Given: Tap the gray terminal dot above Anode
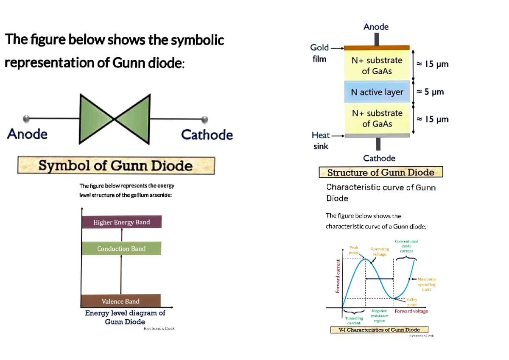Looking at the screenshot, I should coord(26,118).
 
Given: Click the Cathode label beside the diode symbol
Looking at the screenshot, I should coord(207,135).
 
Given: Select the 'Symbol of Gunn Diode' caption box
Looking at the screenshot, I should coord(116,165).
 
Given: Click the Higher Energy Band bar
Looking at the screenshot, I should coord(122,222).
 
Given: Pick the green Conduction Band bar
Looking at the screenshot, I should coord(121,248).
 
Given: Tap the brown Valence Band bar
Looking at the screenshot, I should coord(120,301).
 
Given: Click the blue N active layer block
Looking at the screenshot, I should coord(377,92).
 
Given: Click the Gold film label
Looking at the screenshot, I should coord(319,53).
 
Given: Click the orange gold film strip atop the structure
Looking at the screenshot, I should coord(377,47).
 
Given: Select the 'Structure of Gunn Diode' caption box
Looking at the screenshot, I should coord(380,172).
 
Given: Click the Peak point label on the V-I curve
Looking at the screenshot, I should coord(354,250).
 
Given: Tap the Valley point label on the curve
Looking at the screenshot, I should coord(412,302).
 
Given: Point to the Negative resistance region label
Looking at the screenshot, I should coord(379,316).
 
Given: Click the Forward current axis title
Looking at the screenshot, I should coord(338,276).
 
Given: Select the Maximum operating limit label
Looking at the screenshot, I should coord(426,284).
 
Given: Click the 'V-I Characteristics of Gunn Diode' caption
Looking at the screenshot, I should coord(379,330).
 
